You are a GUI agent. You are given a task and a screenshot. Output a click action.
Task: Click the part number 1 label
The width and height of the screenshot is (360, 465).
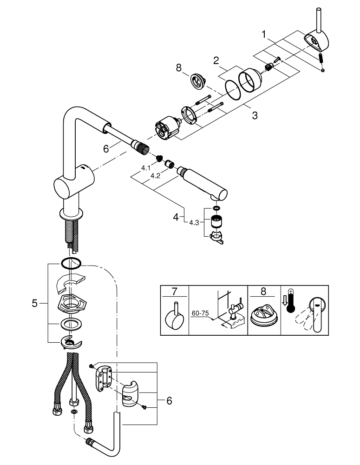point(263,34)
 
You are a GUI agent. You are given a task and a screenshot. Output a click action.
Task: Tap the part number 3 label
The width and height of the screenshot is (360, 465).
point(255,115)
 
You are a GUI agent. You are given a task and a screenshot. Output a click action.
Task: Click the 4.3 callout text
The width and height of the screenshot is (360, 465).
point(194,222)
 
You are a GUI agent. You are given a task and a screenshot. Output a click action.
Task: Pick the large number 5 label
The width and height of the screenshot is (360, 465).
point(35,304)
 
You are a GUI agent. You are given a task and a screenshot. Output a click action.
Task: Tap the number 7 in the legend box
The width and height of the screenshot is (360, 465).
point(174,292)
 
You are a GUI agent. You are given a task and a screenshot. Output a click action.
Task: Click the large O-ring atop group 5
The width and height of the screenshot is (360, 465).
point(70,264)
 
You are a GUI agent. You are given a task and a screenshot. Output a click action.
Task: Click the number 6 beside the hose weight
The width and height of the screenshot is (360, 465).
point(169,400)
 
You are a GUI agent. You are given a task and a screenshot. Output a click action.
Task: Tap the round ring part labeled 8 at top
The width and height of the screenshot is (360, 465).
point(196,81)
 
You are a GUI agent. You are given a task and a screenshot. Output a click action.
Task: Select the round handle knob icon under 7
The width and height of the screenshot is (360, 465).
point(174,319)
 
